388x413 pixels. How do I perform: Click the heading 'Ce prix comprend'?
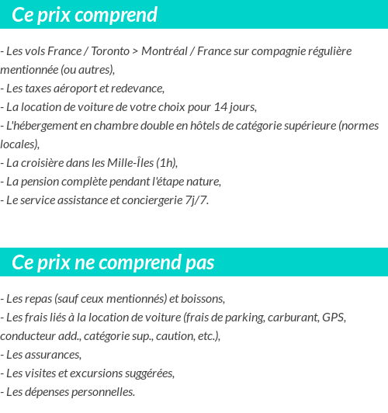85,15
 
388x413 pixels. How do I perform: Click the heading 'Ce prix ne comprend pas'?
113,262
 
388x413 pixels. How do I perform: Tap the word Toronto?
110,51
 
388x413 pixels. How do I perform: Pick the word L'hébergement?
39,125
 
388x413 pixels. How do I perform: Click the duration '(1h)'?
167,162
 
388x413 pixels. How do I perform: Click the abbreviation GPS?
334,317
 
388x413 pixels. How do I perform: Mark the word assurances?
53,354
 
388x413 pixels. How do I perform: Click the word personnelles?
96,391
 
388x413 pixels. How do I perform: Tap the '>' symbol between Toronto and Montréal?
136,51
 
